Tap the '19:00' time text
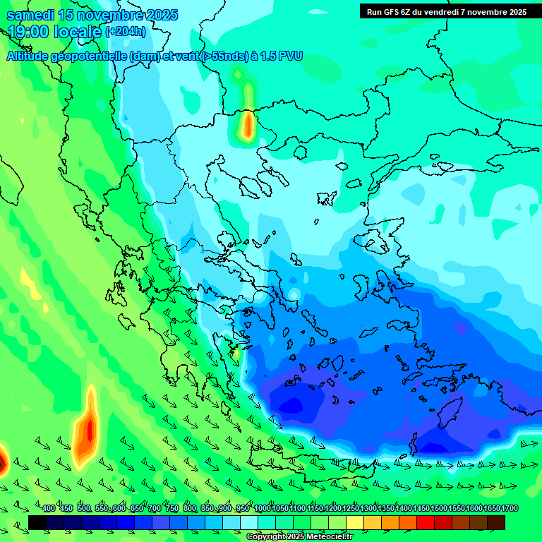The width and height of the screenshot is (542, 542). pyautogui.click(x=28, y=32)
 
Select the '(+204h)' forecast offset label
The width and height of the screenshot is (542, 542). pyautogui.click(x=126, y=32)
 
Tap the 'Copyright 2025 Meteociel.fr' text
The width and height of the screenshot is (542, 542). pyautogui.click(x=299, y=537)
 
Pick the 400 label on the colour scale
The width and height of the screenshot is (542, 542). pyautogui.click(x=49, y=508)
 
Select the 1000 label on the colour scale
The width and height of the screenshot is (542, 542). pyautogui.click(x=262, y=508)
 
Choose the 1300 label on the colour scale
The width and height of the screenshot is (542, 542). pyautogui.click(x=368, y=508)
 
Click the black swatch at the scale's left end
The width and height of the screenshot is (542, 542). pyautogui.click(x=37, y=522)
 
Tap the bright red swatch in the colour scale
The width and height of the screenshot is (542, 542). pyautogui.click(x=425, y=522)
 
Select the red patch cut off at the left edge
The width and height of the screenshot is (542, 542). pyautogui.click(x=2, y=462)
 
